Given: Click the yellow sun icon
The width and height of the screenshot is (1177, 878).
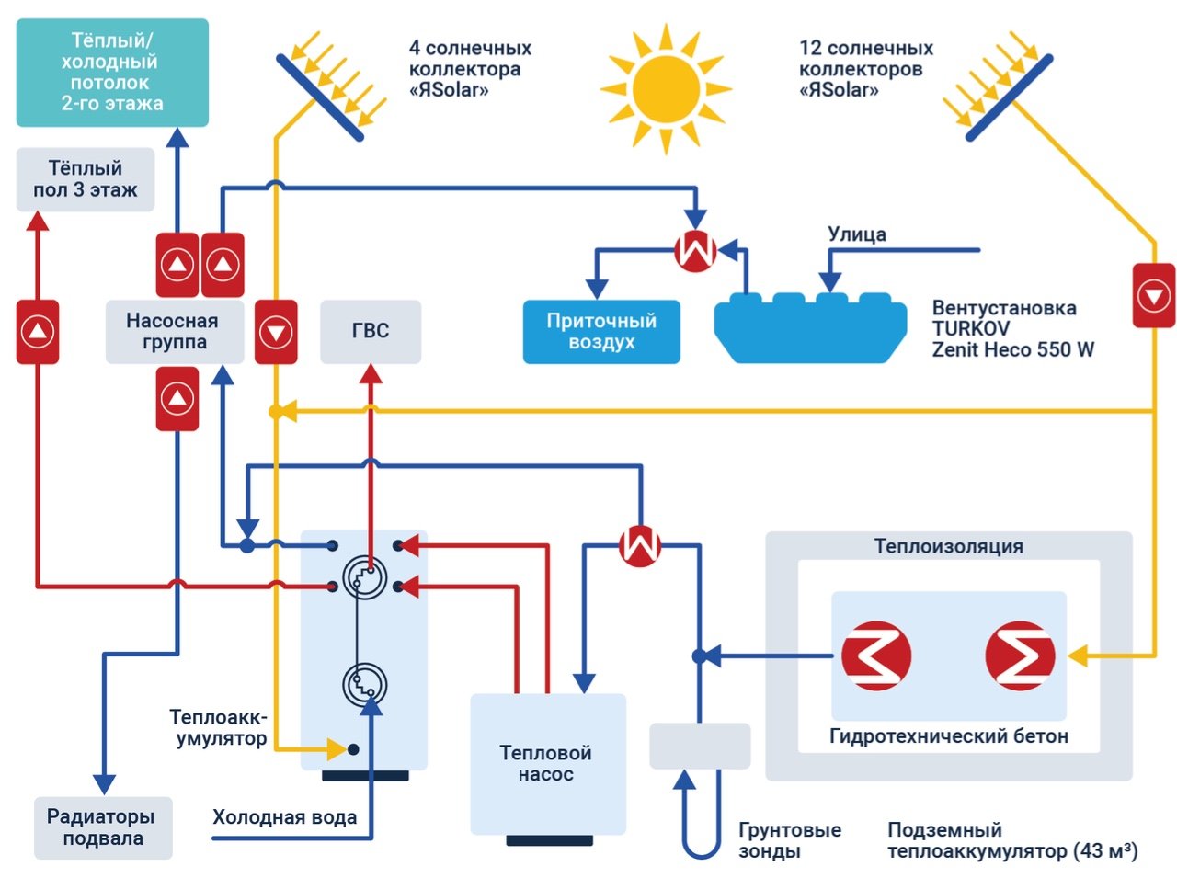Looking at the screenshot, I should point(666,89).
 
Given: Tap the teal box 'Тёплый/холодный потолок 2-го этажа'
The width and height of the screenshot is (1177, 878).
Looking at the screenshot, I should point(112,73).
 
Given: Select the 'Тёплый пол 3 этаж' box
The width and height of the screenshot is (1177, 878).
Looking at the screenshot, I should point(86,179).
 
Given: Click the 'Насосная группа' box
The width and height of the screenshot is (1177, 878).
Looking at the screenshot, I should point(174,331).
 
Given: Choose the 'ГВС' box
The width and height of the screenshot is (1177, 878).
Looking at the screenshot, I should point(371,331).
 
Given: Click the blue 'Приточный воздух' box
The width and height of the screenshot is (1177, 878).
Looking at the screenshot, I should point(601,332).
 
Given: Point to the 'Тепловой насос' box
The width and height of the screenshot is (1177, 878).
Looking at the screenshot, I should point(546,763).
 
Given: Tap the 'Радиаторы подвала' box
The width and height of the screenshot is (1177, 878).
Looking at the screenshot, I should point(102,827).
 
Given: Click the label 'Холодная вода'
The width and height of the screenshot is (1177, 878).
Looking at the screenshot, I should point(285,817).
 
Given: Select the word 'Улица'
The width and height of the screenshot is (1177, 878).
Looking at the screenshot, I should point(857,234).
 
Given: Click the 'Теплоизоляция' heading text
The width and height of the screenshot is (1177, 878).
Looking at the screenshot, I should point(948,546).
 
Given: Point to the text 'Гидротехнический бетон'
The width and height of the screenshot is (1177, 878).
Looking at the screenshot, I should point(949,735).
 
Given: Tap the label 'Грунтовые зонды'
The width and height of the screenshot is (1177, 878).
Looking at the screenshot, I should point(790,840).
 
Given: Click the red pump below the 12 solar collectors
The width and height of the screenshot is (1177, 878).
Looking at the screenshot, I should point(1153,296).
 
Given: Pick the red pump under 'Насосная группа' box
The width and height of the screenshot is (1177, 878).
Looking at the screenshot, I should point(177,398).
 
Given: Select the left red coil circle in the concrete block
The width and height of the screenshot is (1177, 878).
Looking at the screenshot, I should point(876,656).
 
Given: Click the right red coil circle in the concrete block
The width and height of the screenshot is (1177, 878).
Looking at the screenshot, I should point(1020,656).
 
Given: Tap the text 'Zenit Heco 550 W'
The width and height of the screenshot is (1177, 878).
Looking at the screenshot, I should point(1012,349).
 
